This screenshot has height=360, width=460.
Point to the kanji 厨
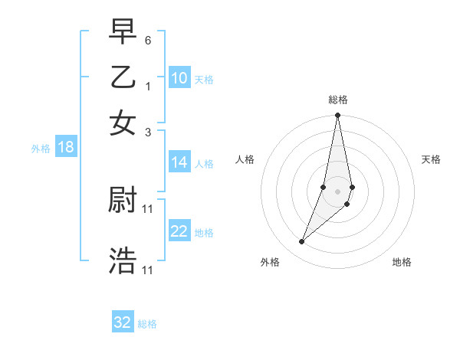(x=123, y=201)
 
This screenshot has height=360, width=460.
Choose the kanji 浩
(x=123, y=260)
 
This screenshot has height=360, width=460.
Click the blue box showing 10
(x=179, y=78)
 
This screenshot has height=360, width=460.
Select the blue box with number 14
(x=179, y=162)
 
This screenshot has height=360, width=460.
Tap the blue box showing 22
(x=179, y=232)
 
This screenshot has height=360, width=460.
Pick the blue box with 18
(x=66, y=148)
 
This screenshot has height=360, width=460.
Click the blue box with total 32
(x=123, y=322)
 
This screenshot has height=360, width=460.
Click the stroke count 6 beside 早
(x=148, y=39)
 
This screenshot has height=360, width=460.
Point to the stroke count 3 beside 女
(x=148, y=131)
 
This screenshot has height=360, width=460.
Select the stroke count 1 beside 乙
(x=148, y=85)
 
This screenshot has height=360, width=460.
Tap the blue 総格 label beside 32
(x=147, y=324)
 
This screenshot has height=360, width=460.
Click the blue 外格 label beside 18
(x=41, y=149)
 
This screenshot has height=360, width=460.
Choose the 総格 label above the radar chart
(x=337, y=100)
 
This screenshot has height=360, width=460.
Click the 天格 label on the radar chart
(x=432, y=159)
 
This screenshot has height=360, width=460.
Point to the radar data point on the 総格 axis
(x=337, y=116)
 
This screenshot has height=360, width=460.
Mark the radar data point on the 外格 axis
(x=302, y=242)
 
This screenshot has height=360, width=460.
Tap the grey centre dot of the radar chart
(x=337, y=191)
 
